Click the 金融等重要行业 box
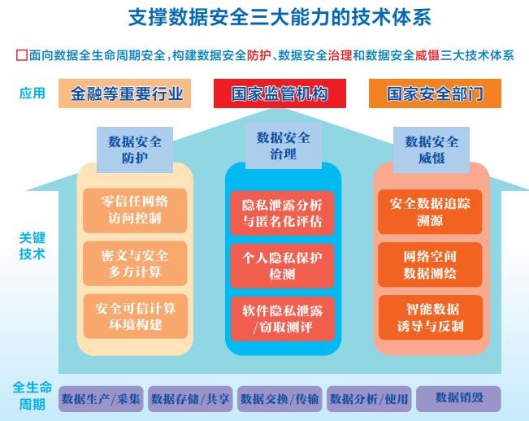(x=125, y=93)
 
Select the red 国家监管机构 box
(x=280, y=93)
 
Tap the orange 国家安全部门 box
(x=434, y=93)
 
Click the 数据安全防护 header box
(x=135, y=150)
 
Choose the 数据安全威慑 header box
(x=431, y=150)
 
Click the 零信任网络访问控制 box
(x=135, y=209)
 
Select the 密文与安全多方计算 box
(x=135, y=262)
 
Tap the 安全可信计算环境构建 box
(x=135, y=315)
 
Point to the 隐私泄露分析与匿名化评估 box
(x=283, y=212)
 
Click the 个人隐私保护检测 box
(x=283, y=265)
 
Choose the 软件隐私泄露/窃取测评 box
(x=283, y=318)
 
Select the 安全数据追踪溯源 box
(x=431, y=210)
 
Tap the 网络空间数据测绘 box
(x=431, y=264)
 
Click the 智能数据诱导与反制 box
(x=431, y=317)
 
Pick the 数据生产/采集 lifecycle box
(x=102, y=398)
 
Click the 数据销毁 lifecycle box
(x=458, y=397)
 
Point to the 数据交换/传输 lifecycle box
(x=280, y=398)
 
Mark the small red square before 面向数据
(x=21, y=56)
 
